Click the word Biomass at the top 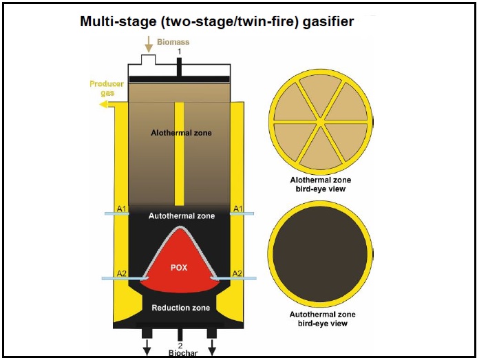172,42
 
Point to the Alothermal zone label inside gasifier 182,132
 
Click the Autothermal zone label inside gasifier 181,216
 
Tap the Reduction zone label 181,308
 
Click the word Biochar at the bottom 180,354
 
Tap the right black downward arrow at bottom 212,347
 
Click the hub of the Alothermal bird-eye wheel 320,124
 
